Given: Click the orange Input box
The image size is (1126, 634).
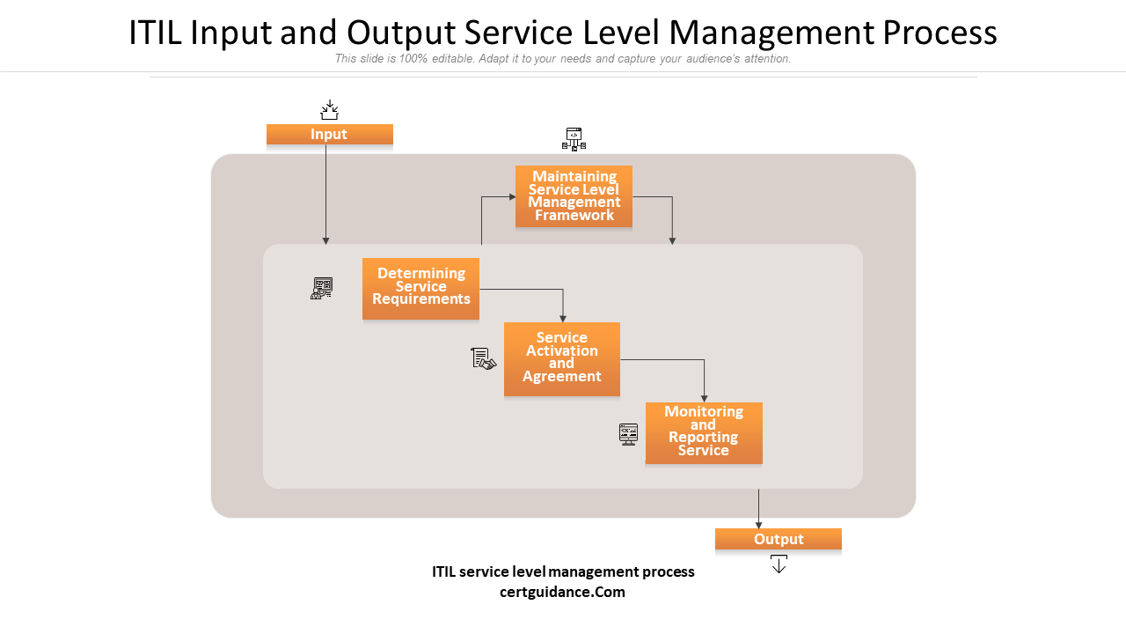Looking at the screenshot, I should [329, 134].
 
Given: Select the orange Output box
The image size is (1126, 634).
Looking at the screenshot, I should [778, 539].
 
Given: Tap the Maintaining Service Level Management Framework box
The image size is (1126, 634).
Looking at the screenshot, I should [574, 196].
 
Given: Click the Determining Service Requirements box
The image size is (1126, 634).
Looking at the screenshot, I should [420, 288].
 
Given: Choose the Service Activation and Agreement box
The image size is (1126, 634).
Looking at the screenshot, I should [561, 358].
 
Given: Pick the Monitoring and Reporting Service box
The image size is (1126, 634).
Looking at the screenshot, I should [703, 432].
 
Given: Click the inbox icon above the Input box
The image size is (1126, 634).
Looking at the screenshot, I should [329, 110].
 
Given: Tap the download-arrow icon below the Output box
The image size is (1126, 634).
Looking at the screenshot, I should [779, 564].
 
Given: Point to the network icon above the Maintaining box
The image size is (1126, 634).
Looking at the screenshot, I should [574, 139].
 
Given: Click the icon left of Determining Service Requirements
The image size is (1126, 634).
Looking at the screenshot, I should [322, 288].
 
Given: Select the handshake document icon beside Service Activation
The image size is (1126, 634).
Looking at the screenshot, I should [483, 358].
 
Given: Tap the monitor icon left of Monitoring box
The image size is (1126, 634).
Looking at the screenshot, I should [628, 434].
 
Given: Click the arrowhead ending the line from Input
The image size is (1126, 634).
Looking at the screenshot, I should [325, 240].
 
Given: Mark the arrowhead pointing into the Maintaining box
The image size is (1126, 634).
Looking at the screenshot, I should [511, 196].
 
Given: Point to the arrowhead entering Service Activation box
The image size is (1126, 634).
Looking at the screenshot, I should [563, 318].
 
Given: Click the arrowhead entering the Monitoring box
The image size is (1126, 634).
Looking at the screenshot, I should [704, 398].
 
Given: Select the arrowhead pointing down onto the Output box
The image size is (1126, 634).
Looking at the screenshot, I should [758, 524].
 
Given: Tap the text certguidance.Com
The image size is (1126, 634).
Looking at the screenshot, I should [562, 592].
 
